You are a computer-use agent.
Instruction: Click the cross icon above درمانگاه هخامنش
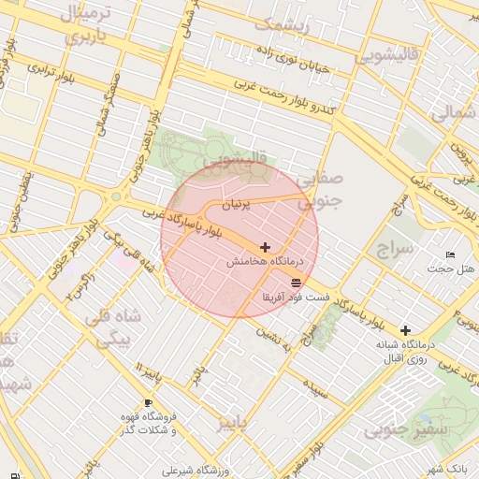click(x=266, y=248)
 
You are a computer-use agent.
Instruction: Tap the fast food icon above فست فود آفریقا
click(x=297, y=282)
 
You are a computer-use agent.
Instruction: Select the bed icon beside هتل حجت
click(x=450, y=254)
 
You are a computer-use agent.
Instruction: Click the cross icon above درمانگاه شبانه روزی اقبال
click(x=405, y=330)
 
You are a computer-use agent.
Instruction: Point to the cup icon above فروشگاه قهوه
click(x=148, y=401)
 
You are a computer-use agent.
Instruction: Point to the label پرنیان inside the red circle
click(x=234, y=203)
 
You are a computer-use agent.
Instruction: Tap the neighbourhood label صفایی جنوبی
click(x=319, y=188)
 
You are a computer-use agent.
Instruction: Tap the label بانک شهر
click(x=443, y=467)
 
